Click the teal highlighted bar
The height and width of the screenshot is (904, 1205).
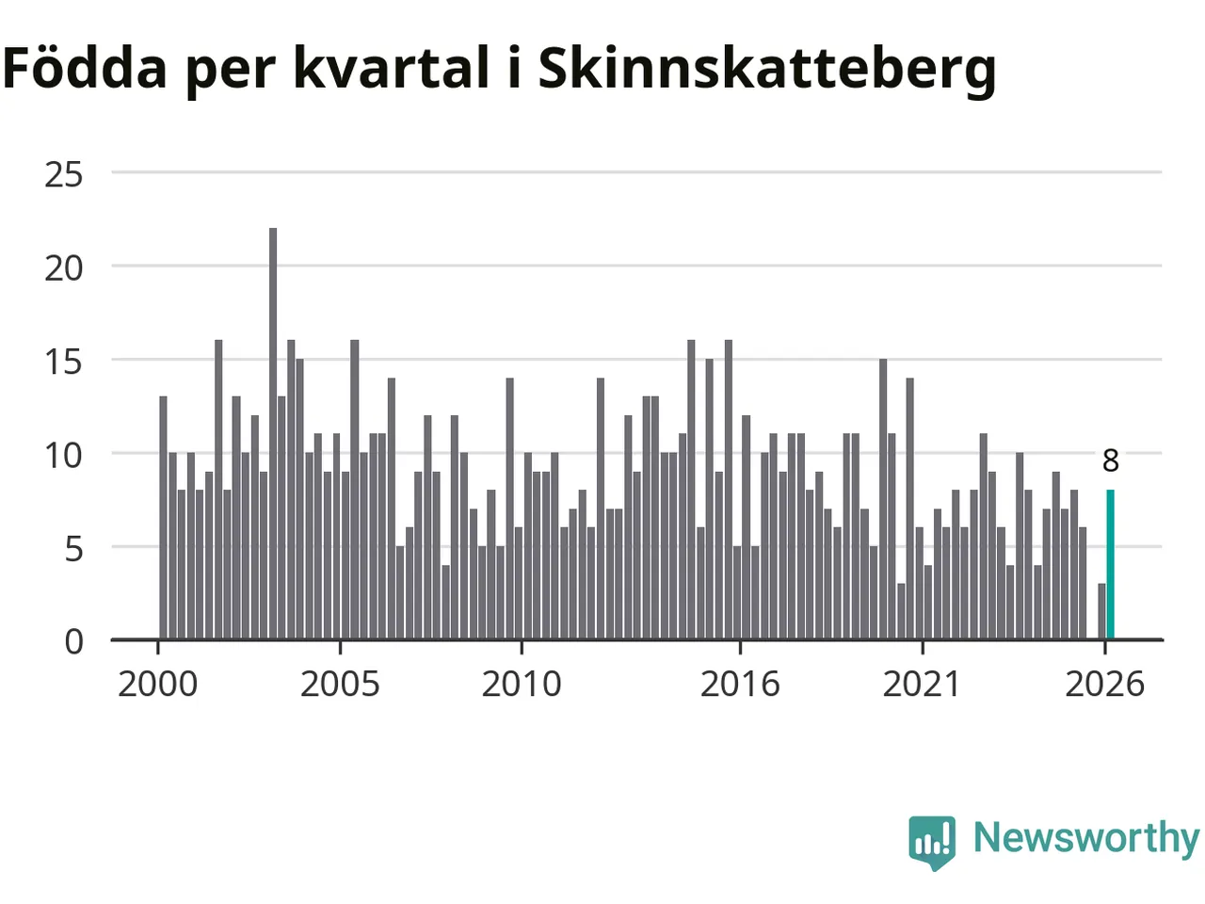[1110, 564]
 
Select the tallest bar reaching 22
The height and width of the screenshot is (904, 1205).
[273, 433]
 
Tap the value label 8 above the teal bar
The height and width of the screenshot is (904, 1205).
[1111, 461]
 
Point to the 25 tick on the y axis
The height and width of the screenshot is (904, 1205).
[64, 175]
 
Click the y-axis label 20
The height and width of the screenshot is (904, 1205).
[64, 269]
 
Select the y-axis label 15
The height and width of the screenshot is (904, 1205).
[64, 363]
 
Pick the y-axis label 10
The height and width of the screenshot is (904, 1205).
[64, 456]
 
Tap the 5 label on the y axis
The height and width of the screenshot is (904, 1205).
[73, 549]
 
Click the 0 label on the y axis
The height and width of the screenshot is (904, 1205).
[73, 642]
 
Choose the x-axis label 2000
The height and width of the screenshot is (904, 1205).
[157, 685]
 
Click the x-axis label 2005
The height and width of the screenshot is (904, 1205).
[340, 685]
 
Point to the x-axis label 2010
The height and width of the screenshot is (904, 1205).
[522, 685]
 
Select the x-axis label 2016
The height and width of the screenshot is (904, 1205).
[740, 685]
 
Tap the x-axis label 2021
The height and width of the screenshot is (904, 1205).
[922, 685]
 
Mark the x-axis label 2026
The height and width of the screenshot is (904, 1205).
[1104, 685]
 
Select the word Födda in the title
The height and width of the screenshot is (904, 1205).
[84, 67]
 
